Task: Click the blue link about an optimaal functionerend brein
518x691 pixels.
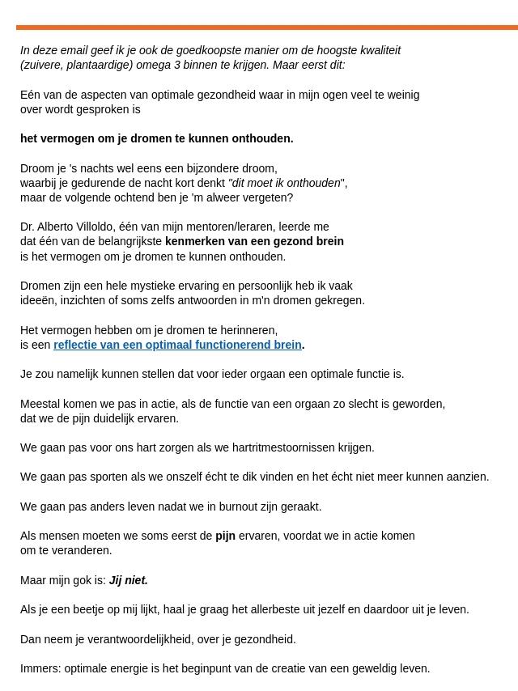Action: pos(177,345)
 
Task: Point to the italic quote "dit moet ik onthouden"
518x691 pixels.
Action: pos(287,183)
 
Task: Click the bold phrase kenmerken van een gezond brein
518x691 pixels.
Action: pos(254,241)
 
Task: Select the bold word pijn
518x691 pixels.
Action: pos(225,536)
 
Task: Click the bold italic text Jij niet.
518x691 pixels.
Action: pos(129,580)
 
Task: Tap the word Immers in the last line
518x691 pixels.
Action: pos(40,668)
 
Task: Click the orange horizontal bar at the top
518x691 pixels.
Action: pos(267,28)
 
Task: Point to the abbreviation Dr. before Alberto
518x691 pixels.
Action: pos(28,227)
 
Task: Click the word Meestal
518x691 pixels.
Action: pos(41,404)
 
